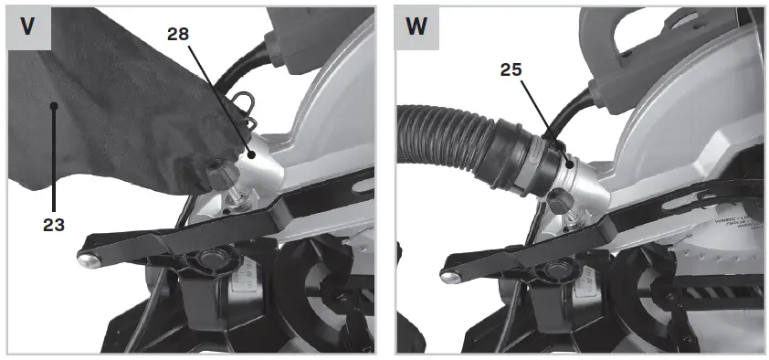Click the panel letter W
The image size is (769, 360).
pos(416,27)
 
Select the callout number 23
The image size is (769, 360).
pos(53,222)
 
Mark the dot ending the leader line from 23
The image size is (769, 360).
pos(54,107)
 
